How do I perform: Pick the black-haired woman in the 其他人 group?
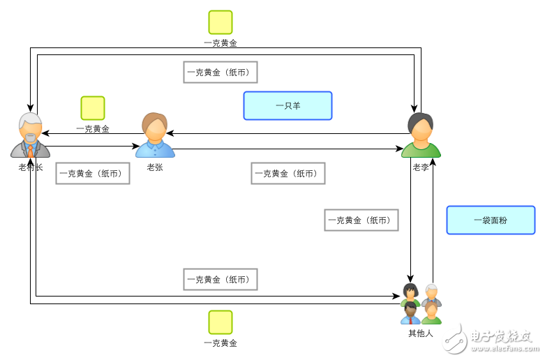point(410,293)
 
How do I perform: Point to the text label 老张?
point(155,167)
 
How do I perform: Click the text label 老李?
point(421,167)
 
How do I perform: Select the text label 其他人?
point(421,333)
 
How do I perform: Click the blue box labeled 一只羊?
point(288,106)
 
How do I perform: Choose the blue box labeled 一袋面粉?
point(491,220)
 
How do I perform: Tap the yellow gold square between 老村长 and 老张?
point(93,108)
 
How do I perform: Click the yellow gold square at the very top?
point(221,22)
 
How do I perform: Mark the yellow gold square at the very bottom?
point(221,322)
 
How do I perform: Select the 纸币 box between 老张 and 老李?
point(288,173)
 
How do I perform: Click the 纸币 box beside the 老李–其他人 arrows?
point(361,220)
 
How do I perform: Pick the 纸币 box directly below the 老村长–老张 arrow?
point(93,173)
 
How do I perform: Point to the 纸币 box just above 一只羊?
point(221,72)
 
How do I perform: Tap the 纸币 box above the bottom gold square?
point(221,279)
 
